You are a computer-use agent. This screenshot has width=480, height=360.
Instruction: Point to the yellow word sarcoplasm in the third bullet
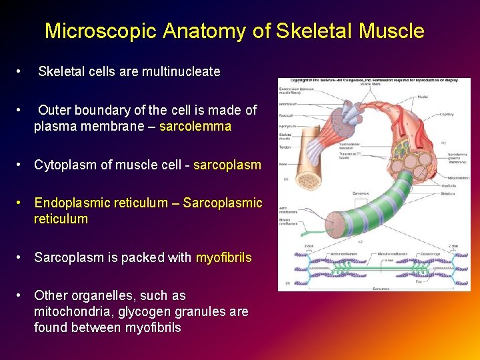(227, 165)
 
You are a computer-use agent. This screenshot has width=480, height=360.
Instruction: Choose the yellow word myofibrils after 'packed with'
(223, 257)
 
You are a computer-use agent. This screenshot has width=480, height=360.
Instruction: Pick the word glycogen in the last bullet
(152, 311)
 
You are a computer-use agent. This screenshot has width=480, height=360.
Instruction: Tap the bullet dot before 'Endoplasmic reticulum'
(21, 203)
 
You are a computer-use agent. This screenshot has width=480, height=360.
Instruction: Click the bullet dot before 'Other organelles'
(21, 295)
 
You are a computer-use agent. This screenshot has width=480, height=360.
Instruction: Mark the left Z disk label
(308, 246)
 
